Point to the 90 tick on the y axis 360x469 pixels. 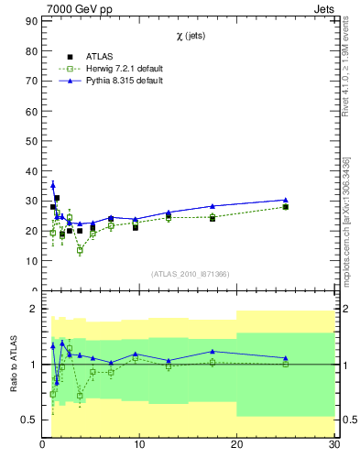tap(32, 52)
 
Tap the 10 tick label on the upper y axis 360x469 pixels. tap(32, 260)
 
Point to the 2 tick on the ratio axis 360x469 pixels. tap(34, 309)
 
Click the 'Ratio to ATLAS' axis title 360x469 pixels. tap(13, 365)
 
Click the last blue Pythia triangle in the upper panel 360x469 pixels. tap(286, 200)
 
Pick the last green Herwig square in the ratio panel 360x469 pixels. tap(286, 364)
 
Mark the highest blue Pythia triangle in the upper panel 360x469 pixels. tap(52, 186)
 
